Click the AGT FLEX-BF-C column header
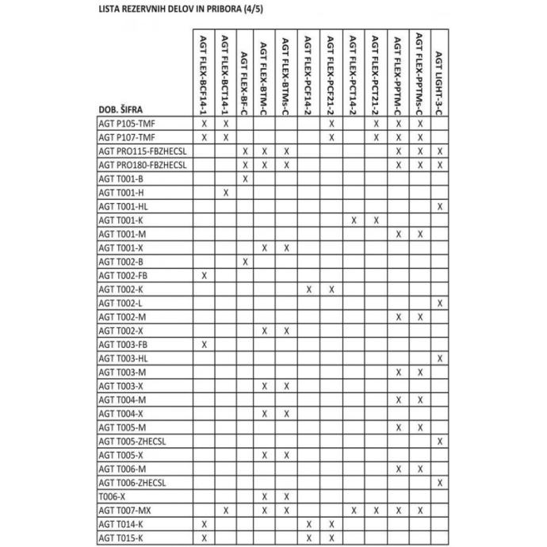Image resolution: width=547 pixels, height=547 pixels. pyautogui.click(x=247, y=78)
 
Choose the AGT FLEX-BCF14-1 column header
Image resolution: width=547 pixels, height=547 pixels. pyautogui.click(x=204, y=74)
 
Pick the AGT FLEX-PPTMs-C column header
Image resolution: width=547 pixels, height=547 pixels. pyautogui.click(x=419, y=74)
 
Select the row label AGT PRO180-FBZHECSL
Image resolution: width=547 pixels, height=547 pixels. pyautogui.click(x=143, y=165)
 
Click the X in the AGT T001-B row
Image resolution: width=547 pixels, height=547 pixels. pyautogui.click(x=247, y=178)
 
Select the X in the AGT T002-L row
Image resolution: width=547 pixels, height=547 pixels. pyautogui.click(x=440, y=303)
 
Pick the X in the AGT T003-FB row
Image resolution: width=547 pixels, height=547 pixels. pyautogui.click(x=204, y=344)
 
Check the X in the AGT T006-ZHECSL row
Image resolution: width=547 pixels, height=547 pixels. pyautogui.click(x=440, y=482)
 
